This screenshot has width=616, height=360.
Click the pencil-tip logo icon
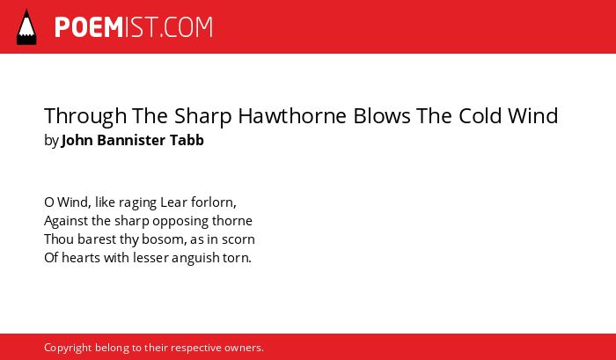tap(26, 27)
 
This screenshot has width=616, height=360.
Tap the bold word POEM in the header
tap(89, 27)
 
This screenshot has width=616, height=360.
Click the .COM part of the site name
tap(186, 27)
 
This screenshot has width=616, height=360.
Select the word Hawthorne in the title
tap(292, 115)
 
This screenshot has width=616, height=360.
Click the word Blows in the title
tap(382, 115)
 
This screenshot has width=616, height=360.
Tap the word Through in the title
tap(85, 116)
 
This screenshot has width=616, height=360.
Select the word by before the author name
tap(51, 141)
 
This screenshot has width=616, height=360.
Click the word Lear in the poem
tap(173, 202)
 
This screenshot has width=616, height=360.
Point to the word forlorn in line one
tap(213, 202)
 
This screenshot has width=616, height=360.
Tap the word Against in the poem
tap(66, 221)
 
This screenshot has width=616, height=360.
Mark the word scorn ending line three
tap(238, 239)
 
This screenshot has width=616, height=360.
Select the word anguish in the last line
tap(190, 258)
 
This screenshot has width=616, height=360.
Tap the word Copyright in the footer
tap(68, 349)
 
